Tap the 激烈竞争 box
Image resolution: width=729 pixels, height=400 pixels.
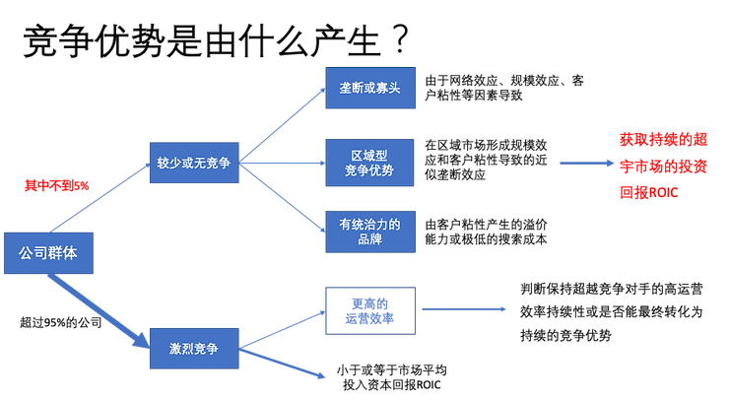pyautogui.click(x=193, y=348)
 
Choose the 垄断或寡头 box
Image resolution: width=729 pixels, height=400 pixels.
pyautogui.click(x=370, y=88)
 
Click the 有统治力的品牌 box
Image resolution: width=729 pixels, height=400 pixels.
pyautogui.click(x=370, y=233)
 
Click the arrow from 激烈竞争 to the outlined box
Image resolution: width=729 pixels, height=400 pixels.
pyautogui.click(x=284, y=329)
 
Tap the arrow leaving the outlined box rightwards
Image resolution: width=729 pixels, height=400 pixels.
pyautogui.click(x=463, y=309)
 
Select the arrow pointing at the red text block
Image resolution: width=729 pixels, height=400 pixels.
pyautogui.click(x=585, y=164)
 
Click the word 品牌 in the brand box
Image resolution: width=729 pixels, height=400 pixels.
pyautogui.click(x=370, y=240)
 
